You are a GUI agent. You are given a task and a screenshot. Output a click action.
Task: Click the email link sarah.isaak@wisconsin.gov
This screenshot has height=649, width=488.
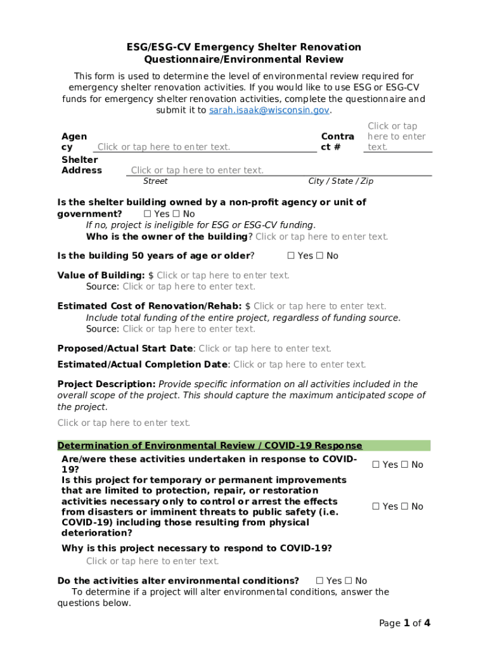[x=269, y=110]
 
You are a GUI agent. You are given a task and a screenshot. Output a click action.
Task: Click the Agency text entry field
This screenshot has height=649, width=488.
[x=164, y=147]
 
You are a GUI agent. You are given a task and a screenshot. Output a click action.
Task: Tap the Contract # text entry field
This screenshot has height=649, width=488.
[x=396, y=136]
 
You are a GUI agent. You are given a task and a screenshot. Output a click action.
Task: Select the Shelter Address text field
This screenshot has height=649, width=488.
[x=197, y=170]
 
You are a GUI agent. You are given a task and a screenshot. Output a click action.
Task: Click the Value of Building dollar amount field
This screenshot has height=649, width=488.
[x=223, y=275]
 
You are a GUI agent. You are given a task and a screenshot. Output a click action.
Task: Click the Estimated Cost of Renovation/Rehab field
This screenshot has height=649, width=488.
[x=319, y=306]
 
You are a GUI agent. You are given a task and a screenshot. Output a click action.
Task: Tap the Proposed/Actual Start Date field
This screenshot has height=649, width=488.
[x=265, y=349]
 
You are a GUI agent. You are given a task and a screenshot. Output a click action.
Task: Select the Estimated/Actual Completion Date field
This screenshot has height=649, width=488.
[x=300, y=364]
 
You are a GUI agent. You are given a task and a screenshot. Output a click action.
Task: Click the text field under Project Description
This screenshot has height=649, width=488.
[x=124, y=423]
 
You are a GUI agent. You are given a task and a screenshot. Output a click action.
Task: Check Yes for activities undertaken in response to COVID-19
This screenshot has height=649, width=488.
[x=376, y=465]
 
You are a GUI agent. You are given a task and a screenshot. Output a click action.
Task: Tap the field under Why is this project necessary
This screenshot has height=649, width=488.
[x=153, y=561]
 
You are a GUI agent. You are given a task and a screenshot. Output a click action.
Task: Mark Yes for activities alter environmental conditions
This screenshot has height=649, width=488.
[x=320, y=581]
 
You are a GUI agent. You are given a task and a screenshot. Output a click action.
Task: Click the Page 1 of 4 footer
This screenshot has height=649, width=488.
[x=404, y=623]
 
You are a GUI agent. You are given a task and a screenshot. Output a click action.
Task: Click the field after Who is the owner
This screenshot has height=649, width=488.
[x=321, y=236]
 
